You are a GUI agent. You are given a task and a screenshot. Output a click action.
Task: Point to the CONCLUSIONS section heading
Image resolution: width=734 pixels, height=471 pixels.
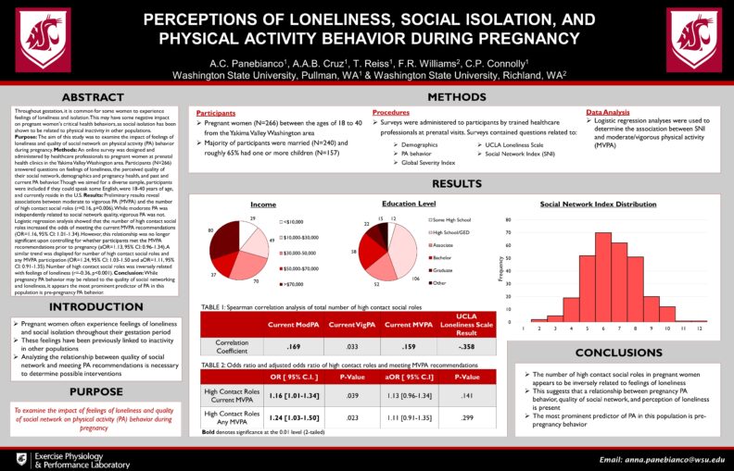(x=620, y=353)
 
